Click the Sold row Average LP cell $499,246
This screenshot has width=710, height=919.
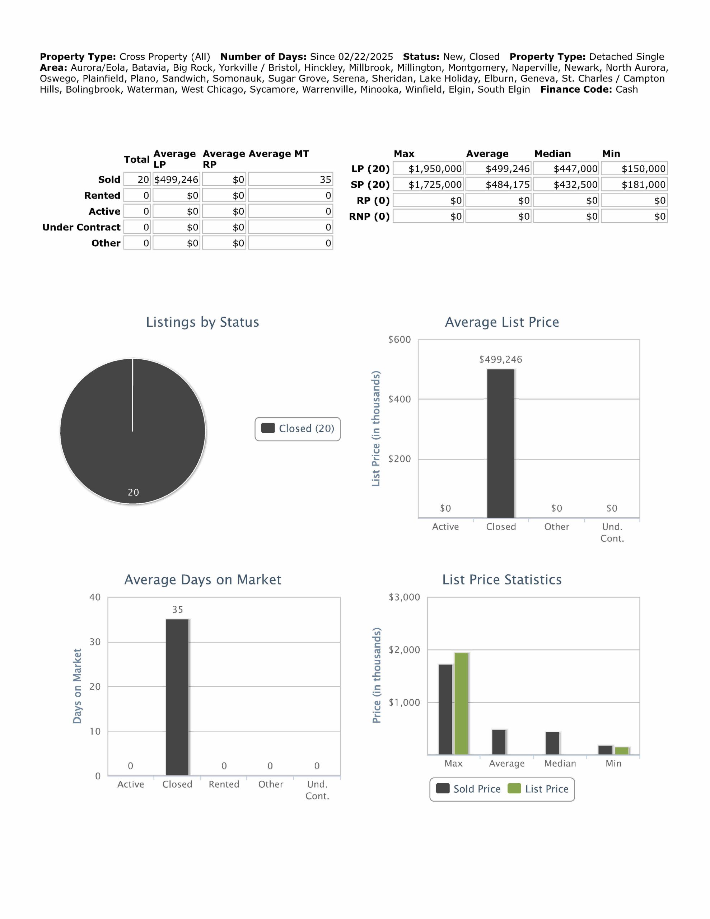pos(176,180)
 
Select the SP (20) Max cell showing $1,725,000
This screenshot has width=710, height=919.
pos(429,185)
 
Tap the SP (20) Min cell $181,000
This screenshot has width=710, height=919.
pos(634,185)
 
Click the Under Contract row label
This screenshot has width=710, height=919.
pos(81,227)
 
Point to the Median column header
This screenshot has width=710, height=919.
pos(552,154)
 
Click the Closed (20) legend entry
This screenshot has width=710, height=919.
pos(298,429)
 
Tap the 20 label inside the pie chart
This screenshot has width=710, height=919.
pos(134,492)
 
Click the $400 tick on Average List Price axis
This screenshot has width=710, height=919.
pos(400,399)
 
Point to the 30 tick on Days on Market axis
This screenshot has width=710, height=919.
pos(95,642)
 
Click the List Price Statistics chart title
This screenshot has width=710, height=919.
pos(502,579)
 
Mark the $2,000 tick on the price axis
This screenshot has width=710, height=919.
pos(404,650)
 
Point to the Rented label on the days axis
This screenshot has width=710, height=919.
pos(224,784)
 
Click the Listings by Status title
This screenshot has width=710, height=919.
pos(202,322)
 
